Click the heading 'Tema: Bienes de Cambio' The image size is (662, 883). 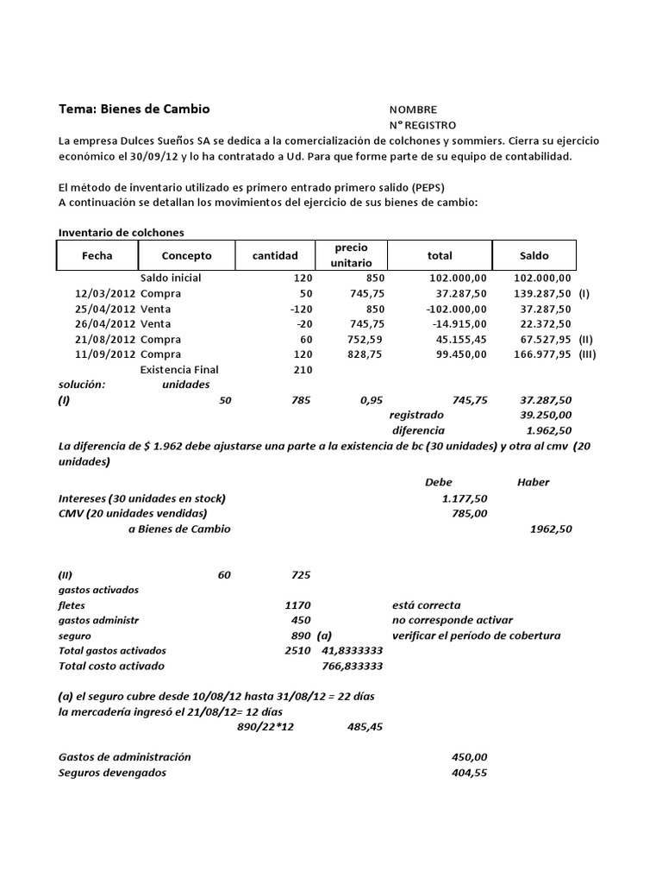point(134,110)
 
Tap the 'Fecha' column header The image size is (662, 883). point(97,255)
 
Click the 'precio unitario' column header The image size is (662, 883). point(352,254)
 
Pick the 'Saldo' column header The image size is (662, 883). point(534,255)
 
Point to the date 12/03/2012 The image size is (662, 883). point(103,293)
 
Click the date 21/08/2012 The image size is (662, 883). point(103,339)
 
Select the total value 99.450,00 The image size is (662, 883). point(458,354)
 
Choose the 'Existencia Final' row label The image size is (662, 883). point(179,369)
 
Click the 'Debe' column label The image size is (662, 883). point(438,482)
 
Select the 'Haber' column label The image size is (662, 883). point(533,482)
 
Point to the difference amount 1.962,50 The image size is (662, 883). point(548,429)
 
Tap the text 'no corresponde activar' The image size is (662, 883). point(452,620)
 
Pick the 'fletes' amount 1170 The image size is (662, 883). point(297,605)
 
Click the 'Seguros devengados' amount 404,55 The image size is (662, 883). point(469,773)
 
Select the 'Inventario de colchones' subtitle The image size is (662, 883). point(121,232)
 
